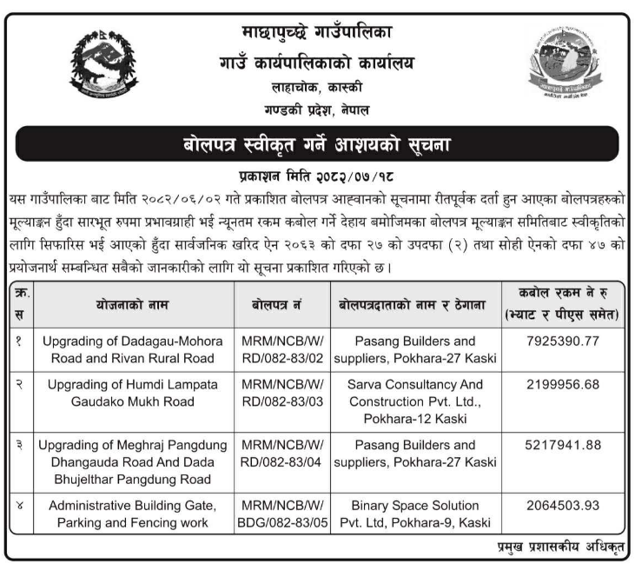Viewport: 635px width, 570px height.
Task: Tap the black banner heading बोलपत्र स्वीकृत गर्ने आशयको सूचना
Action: (317, 143)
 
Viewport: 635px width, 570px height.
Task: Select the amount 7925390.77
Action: (563, 341)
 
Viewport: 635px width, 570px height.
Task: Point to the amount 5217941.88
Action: (563, 445)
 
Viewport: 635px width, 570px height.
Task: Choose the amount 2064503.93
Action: (563, 505)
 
